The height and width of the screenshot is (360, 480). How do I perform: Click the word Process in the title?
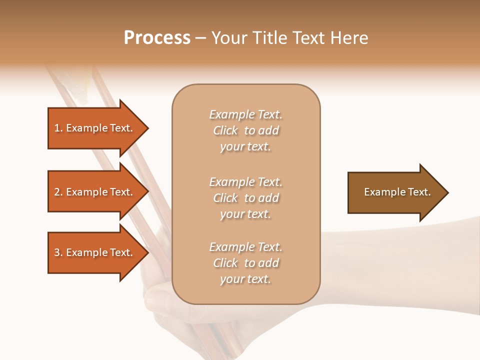coord(157,38)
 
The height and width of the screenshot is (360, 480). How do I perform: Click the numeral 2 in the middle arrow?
coord(57,192)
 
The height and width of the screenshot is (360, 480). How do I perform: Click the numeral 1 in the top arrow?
coord(57,128)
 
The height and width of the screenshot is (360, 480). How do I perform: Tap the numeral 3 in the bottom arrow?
coord(57,252)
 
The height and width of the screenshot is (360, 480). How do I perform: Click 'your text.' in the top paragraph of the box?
coord(245,147)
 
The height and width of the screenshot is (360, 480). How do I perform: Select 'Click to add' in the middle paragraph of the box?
coord(245,198)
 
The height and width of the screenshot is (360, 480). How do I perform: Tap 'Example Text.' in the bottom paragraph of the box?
coord(245,247)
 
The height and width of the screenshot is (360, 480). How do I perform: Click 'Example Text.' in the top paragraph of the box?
coord(245,114)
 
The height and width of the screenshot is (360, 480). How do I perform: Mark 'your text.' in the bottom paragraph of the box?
coord(245,279)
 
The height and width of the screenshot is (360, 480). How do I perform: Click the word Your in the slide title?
coord(229,38)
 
